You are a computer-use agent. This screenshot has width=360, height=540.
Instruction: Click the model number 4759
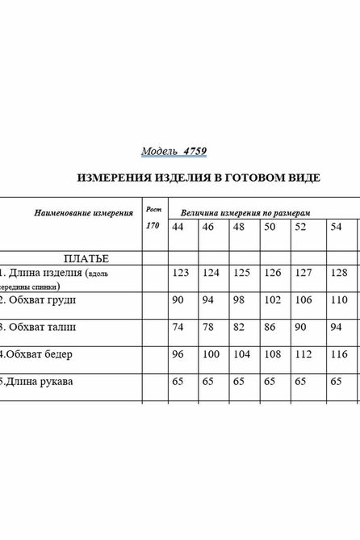197,150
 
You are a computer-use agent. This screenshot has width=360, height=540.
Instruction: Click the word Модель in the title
159,150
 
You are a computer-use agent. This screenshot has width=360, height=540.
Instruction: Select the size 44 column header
178,228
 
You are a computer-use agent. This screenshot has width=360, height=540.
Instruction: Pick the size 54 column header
336,228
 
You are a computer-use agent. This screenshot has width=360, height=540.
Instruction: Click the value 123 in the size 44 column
181,273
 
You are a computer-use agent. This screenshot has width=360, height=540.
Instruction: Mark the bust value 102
272,300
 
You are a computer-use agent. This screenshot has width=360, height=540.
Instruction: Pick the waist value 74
178,327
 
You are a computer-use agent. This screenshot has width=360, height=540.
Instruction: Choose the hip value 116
338,354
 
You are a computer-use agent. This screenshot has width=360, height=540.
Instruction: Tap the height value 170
153,225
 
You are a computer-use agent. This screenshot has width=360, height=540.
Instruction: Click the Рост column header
153,208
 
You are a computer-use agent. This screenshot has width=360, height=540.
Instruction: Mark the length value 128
338,273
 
